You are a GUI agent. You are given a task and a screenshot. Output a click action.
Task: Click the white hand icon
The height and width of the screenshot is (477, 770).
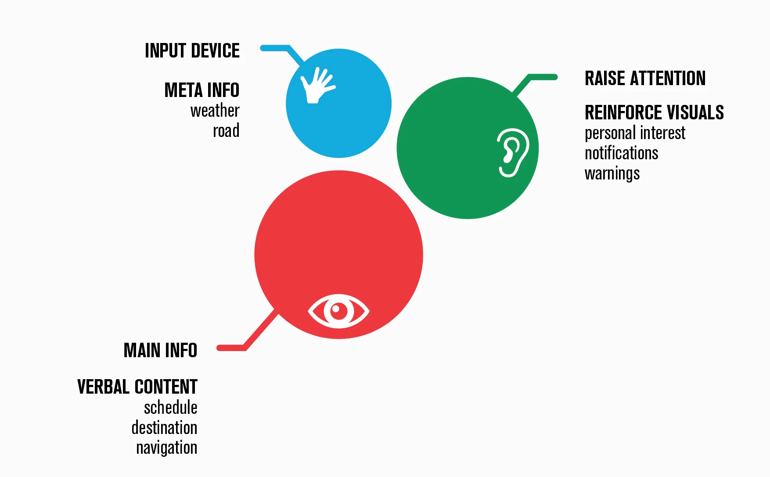coord(316,86)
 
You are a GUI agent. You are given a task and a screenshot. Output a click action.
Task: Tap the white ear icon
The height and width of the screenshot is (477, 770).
coord(512,152)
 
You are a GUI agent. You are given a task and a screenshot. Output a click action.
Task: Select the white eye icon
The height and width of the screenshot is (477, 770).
coord(338,311)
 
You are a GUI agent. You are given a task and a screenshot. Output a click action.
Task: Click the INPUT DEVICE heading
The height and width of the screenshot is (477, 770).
coord(192,51)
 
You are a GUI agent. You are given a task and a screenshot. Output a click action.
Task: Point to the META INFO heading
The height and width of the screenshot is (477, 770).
coord(202,90)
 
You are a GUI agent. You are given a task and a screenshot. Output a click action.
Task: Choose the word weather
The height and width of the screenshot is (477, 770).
coord(215,111)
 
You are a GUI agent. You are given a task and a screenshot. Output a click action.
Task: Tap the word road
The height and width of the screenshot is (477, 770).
coord(226,131)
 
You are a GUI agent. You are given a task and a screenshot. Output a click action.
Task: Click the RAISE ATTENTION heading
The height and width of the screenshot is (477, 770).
coord(645,79)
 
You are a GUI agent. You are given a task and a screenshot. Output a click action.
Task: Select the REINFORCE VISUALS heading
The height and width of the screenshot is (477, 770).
coord(654,113)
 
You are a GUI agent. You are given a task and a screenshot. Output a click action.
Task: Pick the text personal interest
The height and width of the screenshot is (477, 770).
coord(635,133)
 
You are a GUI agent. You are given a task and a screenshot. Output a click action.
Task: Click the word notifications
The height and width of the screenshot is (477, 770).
coord(621,153)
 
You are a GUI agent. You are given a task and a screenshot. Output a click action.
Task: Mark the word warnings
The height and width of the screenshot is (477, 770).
coord(612,174)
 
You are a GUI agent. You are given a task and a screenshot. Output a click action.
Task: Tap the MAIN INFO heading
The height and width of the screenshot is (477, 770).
coord(160,351)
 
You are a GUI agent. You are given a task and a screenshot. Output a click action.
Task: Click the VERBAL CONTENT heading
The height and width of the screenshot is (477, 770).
coord(137,387)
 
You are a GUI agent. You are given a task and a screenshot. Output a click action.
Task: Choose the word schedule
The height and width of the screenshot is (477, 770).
coord(170,408)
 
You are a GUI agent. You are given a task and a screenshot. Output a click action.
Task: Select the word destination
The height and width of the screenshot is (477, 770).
coord(164,428)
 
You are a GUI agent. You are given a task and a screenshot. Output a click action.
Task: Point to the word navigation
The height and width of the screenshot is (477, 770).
coord(166,448)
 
